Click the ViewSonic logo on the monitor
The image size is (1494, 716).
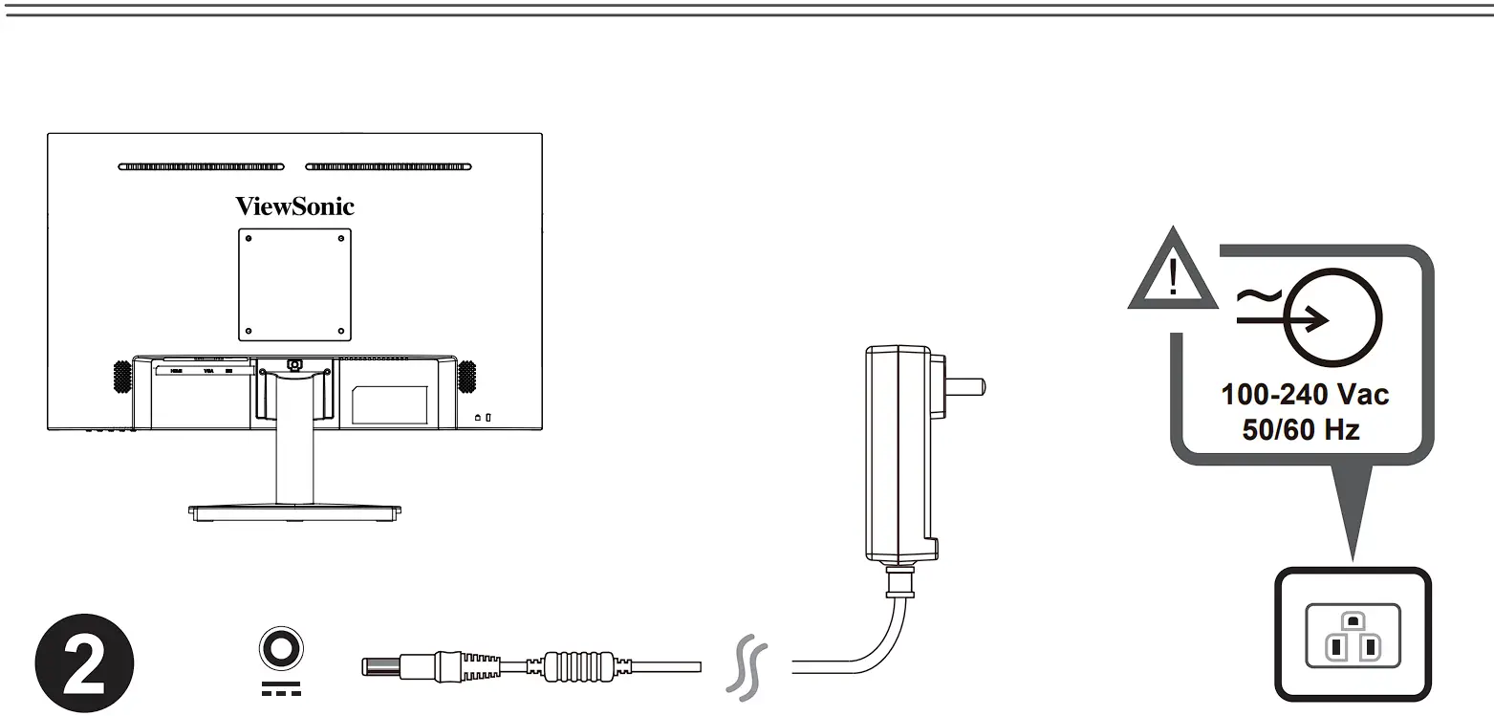pos(294,206)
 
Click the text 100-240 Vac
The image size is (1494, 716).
pos(1305,394)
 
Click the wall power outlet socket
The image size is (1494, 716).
pos(1352,636)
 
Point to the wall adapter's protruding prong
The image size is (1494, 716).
pos(965,387)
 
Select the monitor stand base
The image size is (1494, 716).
pos(294,511)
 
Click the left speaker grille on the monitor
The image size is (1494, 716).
pos(121,376)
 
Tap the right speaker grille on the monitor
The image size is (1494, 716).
pos(467,376)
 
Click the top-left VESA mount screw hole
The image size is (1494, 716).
pos(249,238)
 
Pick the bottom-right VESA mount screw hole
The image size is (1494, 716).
pos(340,331)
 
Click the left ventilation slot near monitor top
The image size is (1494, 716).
pos(201,167)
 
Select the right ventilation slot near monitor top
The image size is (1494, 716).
pos(388,167)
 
